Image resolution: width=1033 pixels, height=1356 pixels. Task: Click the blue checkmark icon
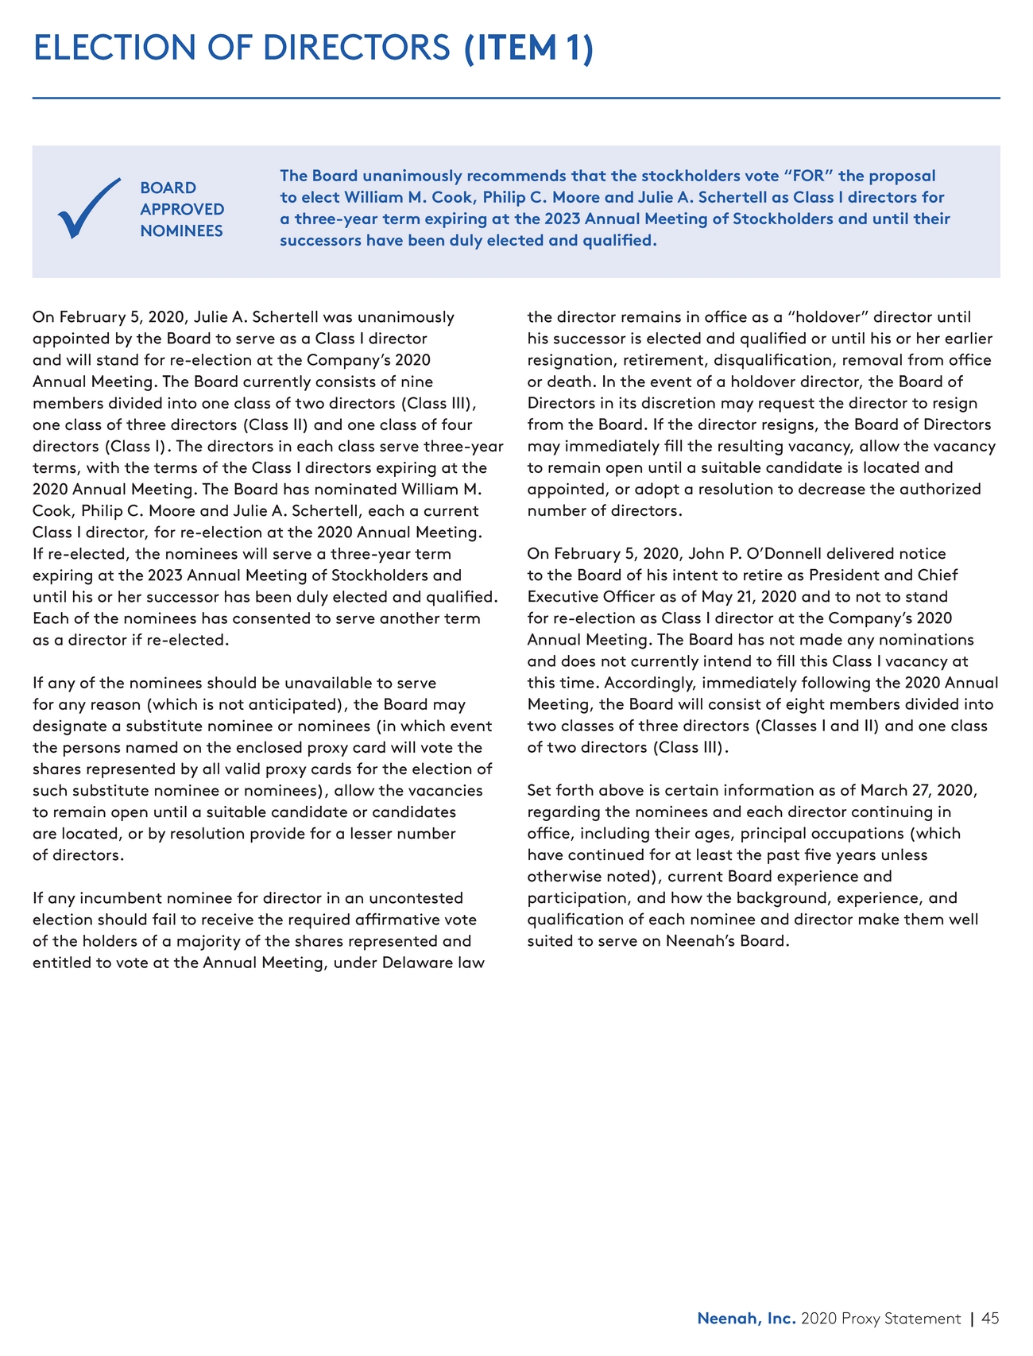coord(88,209)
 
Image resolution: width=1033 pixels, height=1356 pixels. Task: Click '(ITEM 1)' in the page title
coord(528,48)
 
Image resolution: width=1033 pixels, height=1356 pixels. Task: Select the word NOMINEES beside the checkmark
coord(181,231)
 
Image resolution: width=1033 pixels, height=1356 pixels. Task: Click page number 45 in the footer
coord(989,1319)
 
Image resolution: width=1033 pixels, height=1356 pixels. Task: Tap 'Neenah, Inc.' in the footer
coord(746,1319)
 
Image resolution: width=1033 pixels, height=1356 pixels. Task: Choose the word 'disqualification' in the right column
coord(734,360)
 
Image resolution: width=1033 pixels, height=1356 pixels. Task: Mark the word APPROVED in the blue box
coord(182,209)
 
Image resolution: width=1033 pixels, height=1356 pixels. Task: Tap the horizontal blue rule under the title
coord(516,99)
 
